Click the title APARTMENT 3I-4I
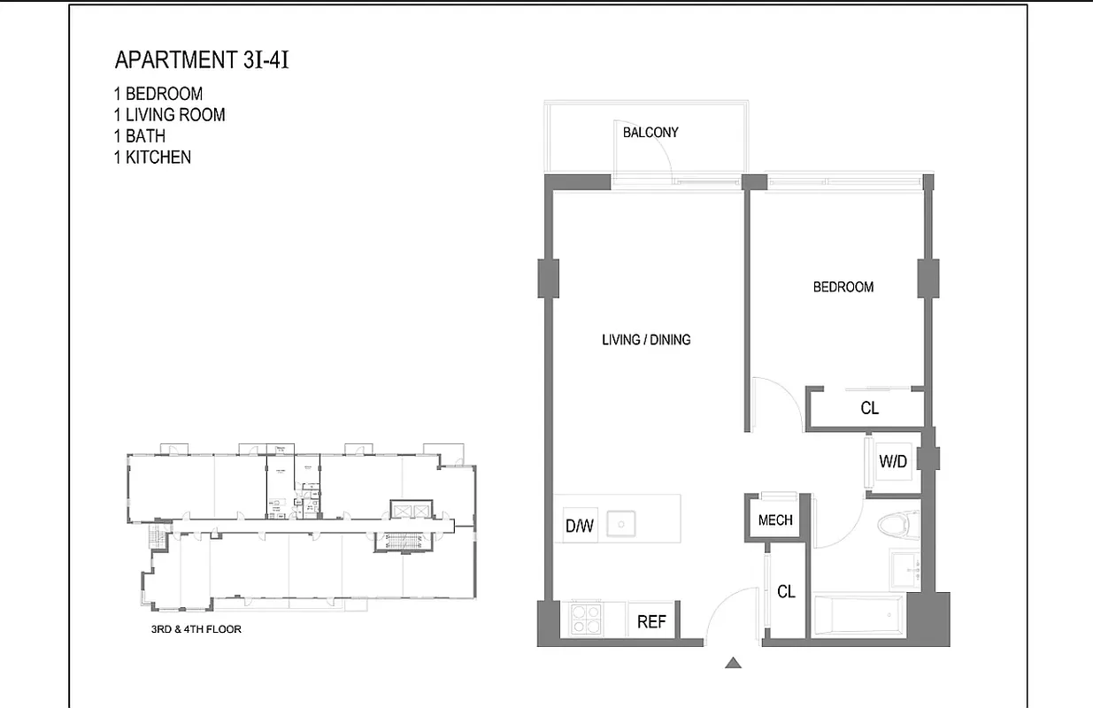202,60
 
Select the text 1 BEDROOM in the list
158,94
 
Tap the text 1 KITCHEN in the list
152,158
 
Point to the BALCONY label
650,133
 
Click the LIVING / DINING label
646,340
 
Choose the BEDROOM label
843,287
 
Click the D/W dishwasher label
579,527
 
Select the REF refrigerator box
651,621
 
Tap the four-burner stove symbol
585,619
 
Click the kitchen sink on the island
627,524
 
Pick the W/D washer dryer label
893,461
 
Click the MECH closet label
775,520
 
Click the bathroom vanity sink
904,569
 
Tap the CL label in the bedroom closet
869,408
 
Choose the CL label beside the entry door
786,591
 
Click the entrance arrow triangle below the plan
733,662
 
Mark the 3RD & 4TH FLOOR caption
196,630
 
